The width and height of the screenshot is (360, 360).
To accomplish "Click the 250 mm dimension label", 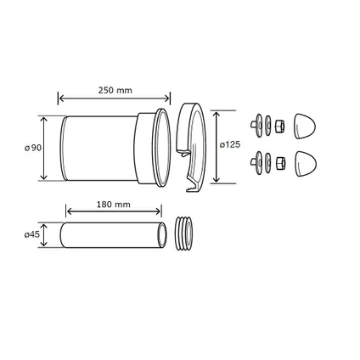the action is click(x=115, y=90).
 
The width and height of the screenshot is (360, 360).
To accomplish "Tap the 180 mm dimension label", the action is click(x=114, y=205).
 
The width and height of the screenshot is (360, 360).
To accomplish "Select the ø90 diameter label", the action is click(x=33, y=148).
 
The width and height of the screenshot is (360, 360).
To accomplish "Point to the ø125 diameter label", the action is click(x=230, y=144).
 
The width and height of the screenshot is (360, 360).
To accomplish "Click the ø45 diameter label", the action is click(x=31, y=234).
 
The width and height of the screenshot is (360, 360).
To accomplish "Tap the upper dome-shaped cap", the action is click(x=305, y=127).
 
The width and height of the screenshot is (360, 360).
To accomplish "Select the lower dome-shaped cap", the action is click(x=306, y=164).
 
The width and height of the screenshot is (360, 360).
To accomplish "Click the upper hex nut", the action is click(x=279, y=126).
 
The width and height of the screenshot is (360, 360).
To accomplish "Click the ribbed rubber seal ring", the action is click(x=184, y=233).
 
